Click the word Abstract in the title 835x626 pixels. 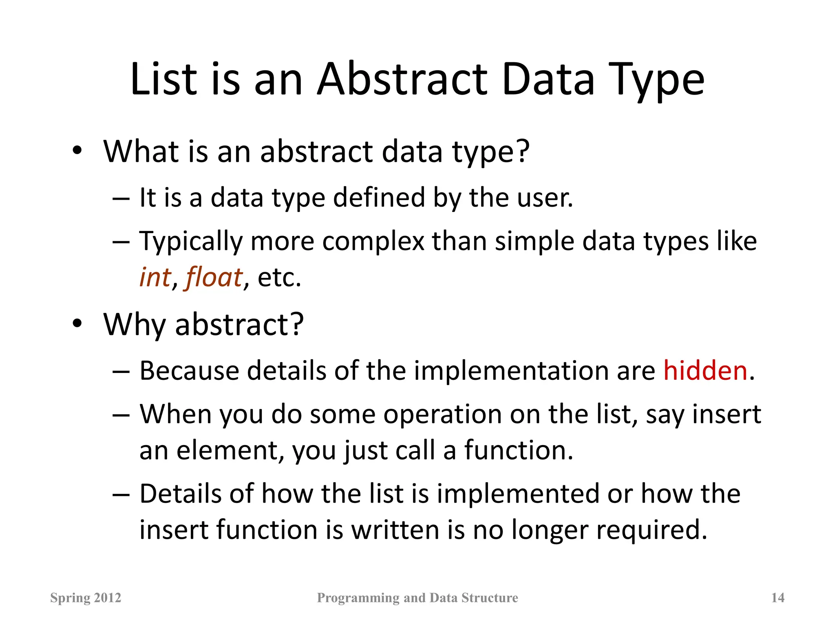click(x=402, y=79)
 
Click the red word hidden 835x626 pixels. click(x=705, y=370)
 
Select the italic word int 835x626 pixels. click(x=155, y=277)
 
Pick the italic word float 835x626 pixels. click(x=214, y=277)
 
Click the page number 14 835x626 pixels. click(x=778, y=597)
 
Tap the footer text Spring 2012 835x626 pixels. click(x=86, y=597)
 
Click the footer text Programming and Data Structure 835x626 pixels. click(x=417, y=597)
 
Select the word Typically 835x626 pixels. click(x=191, y=241)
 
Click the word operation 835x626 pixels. click(x=442, y=415)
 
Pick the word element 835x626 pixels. click(x=230, y=450)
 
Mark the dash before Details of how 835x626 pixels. click(x=121, y=494)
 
